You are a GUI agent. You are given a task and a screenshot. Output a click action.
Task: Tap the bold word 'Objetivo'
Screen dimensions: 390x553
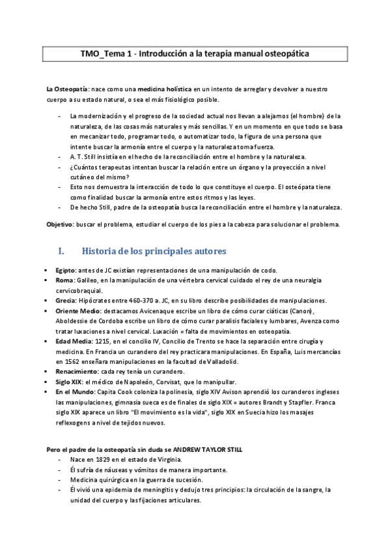point(60,224)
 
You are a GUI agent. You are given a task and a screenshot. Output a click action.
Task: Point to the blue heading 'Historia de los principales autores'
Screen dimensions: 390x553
point(152,251)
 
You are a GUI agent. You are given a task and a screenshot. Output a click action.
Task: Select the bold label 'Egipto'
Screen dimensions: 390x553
point(66,270)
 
